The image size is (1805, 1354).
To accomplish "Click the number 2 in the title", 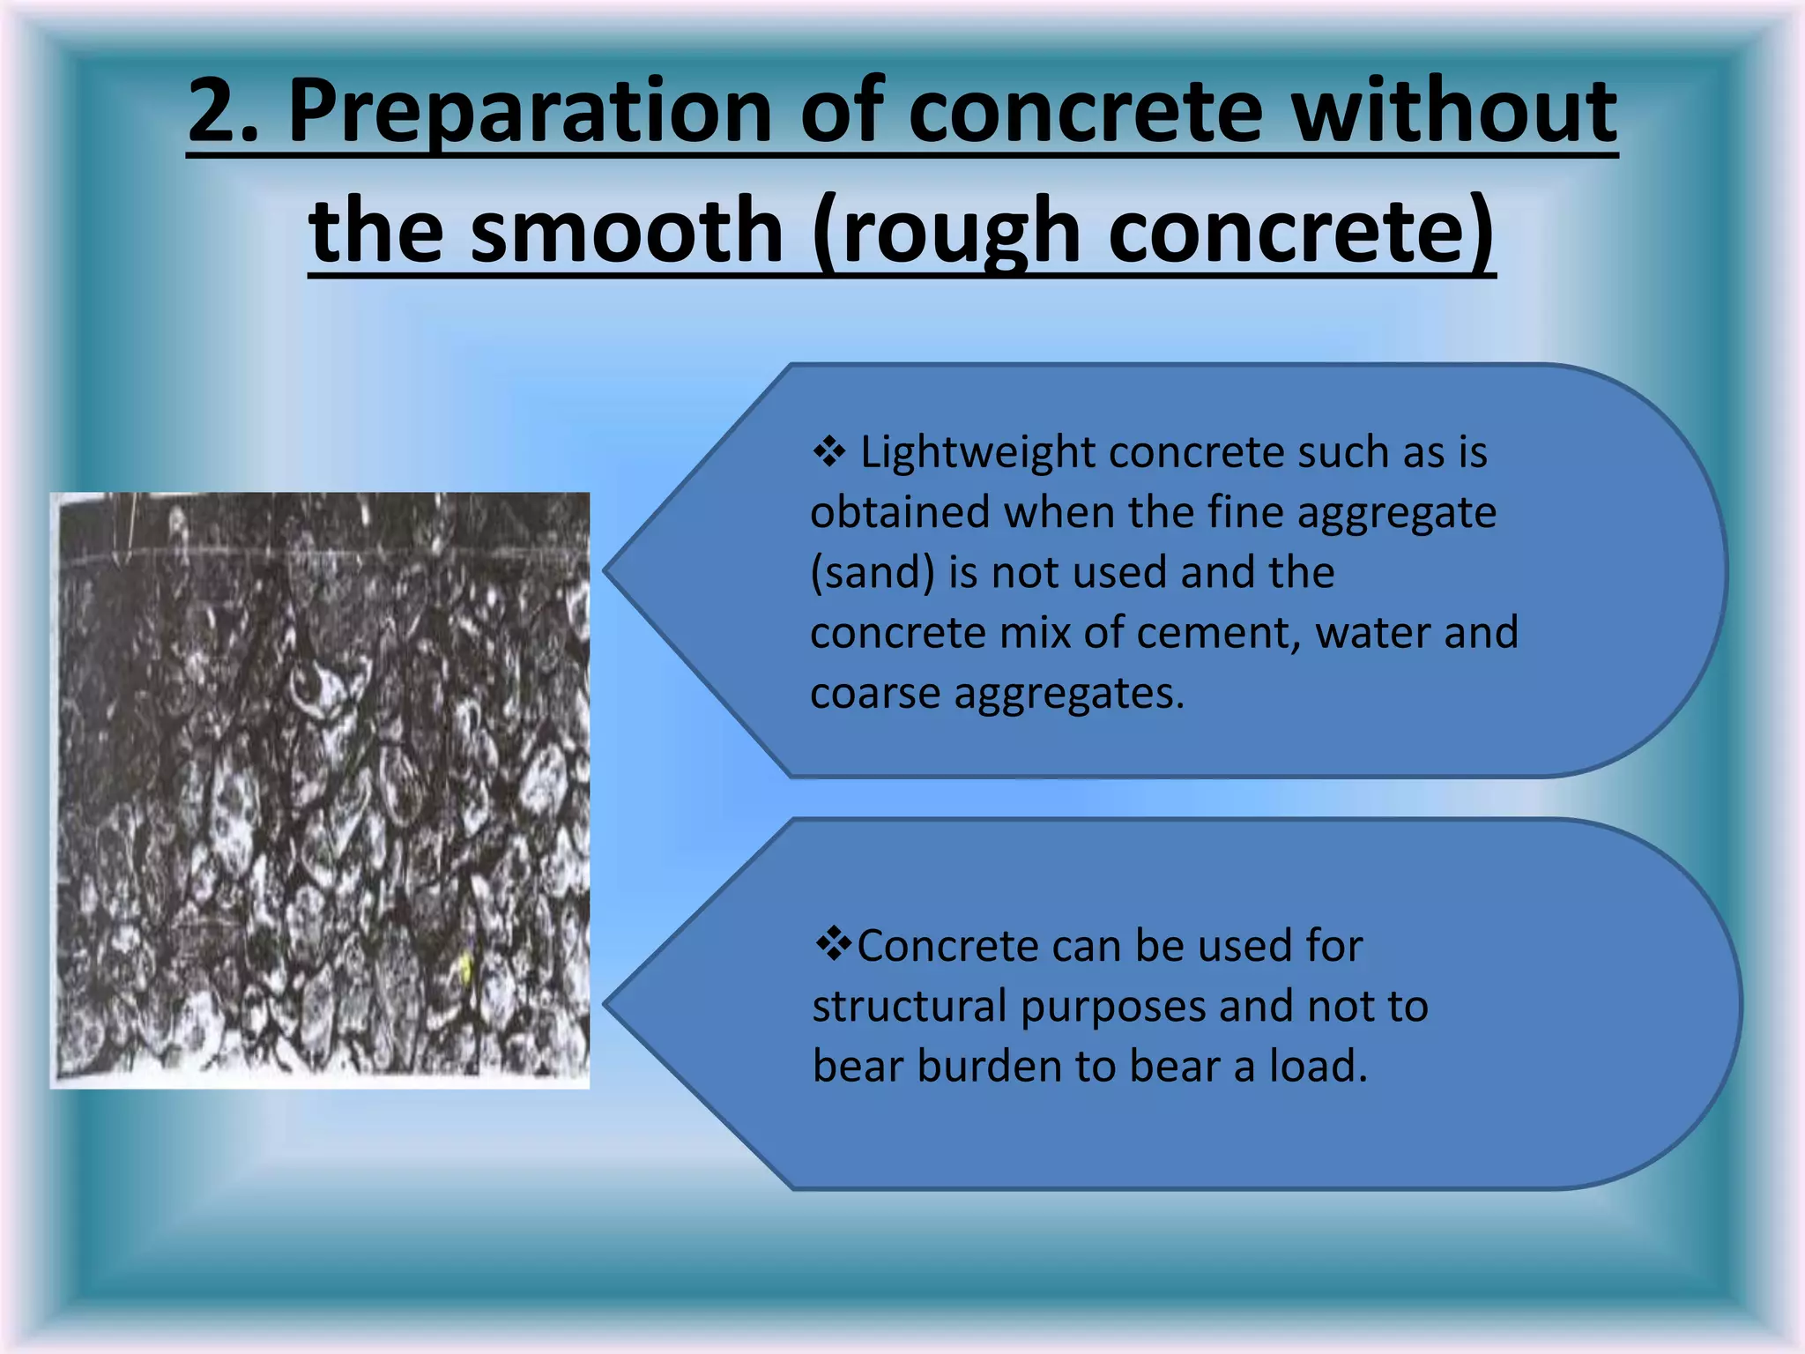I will (216, 110).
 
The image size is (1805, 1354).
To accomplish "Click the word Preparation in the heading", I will (530, 110).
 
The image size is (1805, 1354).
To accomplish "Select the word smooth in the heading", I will (627, 231).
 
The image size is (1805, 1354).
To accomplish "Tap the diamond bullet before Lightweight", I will (828, 452).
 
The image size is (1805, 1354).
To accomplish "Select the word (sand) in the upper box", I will (872, 572).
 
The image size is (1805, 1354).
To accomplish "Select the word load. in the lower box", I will (1318, 1067).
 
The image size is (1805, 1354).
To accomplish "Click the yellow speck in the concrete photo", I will (466, 968).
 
